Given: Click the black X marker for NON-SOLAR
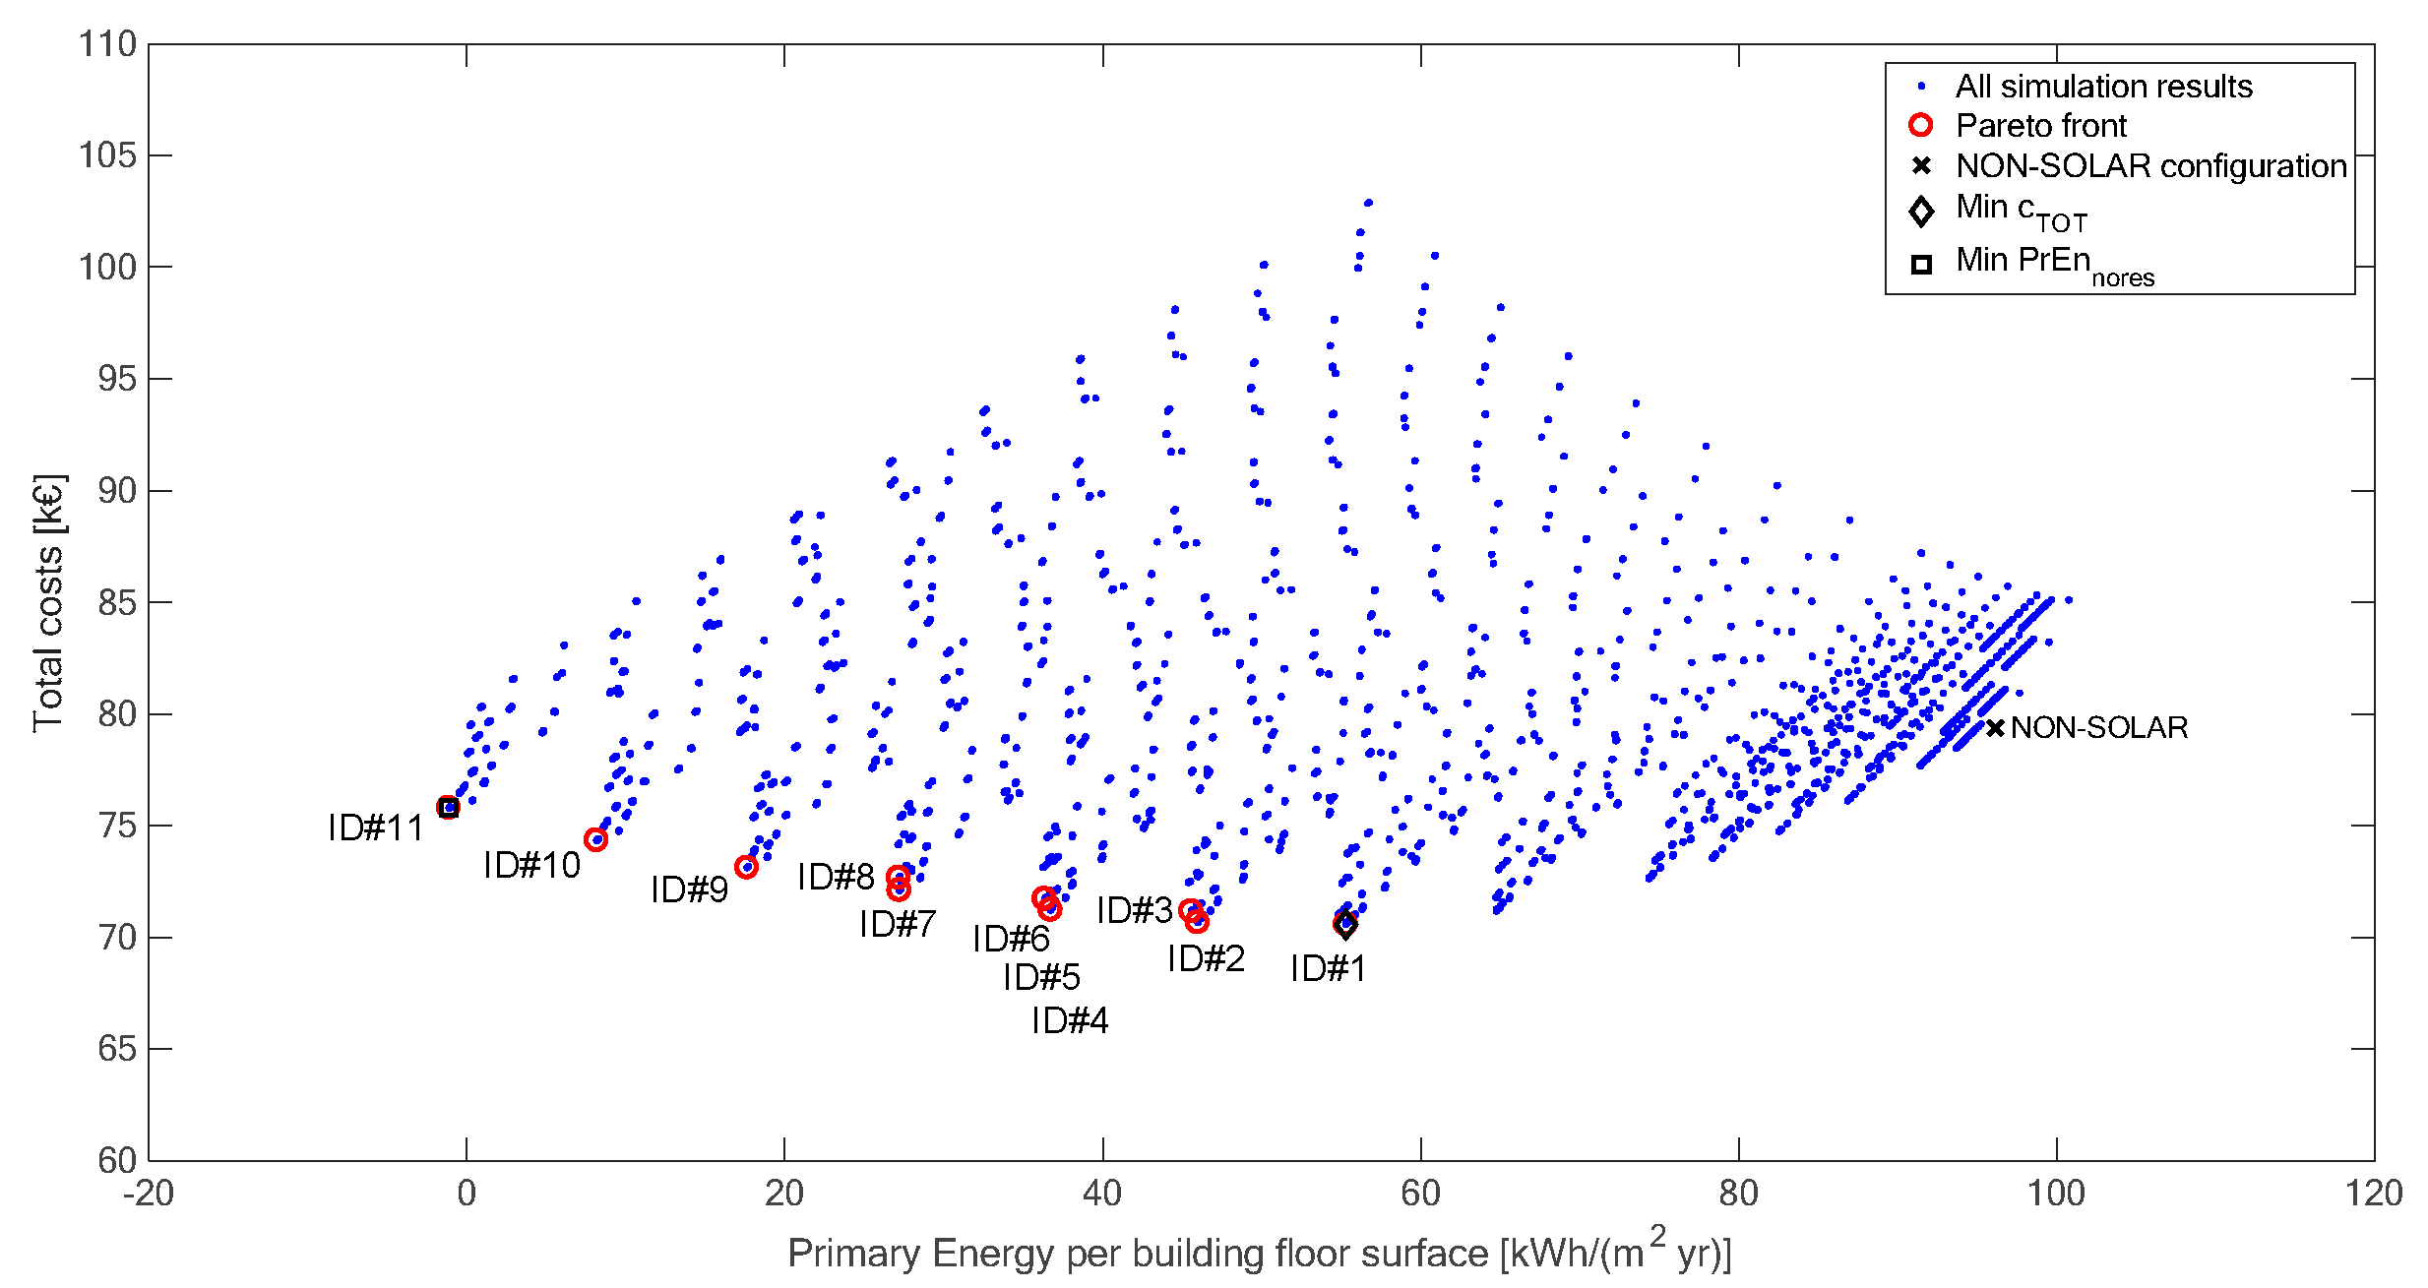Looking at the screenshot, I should tap(1995, 728).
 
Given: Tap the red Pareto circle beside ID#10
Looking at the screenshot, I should tap(595, 839).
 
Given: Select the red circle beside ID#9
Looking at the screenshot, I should tap(746, 867).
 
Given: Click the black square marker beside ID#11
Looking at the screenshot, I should tap(449, 808).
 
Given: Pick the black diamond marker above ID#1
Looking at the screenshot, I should tap(1345, 925).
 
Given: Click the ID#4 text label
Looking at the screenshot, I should tap(1070, 1021).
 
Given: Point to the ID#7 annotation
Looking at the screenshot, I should tap(898, 925).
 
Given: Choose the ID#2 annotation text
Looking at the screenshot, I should tap(1206, 959).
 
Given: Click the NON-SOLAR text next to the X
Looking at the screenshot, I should tap(2098, 728).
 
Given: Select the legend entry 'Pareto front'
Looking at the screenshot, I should tap(2040, 126).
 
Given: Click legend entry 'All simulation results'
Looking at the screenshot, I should tap(2103, 87).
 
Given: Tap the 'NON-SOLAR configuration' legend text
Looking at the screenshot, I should tap(2150, 166).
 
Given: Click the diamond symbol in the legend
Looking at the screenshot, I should tap(1920, 211).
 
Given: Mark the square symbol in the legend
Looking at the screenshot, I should tap(1920, 264).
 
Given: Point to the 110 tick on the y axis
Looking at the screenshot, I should tap(107, 44).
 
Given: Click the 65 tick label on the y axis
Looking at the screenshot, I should tap(116, 1049).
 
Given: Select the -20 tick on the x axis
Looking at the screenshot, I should tap(149, 1194).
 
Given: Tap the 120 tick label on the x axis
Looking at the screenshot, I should tap(2374, 1194).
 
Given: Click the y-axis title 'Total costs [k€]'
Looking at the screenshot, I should tap(48, 603).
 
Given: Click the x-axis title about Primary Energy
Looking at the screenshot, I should tap(1260, 1253).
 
